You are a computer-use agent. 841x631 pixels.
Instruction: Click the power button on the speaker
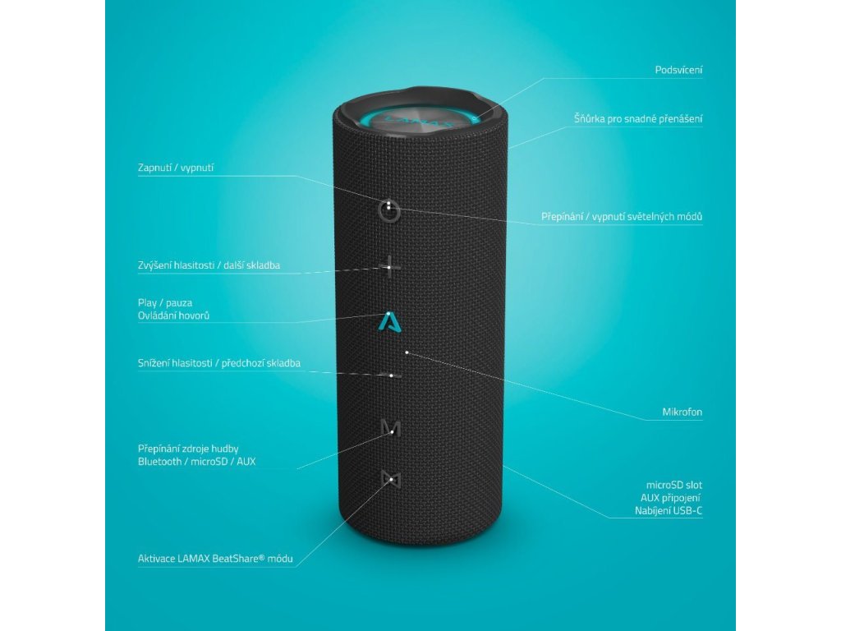(x=389, y=210)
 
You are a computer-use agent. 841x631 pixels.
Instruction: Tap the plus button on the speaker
(x=391, y=266)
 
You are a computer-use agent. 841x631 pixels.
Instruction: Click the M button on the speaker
(x=391, y=427)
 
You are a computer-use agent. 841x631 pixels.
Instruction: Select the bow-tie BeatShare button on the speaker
(x=390, y=478)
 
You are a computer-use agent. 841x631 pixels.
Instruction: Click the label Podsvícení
(x=678, y=70)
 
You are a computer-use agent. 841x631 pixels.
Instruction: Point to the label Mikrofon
(x=682, y=412)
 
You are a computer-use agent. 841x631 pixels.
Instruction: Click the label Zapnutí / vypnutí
(x=176, y=168)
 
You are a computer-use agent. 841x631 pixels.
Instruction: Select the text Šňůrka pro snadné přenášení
(x=637, y=119)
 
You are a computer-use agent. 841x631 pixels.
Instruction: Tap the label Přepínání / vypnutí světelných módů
(x=621, y=217)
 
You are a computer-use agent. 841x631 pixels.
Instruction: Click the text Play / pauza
(x=165, y=302)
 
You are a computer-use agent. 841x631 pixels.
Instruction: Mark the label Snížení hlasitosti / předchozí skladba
(x=218, y=363)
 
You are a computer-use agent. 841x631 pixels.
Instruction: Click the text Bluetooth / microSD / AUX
(x=196, y=462)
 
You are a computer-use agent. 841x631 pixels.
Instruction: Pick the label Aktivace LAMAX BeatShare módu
(x=215, y=559)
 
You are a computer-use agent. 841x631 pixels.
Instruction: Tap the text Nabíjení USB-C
(x=669, y=511)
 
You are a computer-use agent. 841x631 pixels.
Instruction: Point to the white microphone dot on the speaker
(x=407, y=352)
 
